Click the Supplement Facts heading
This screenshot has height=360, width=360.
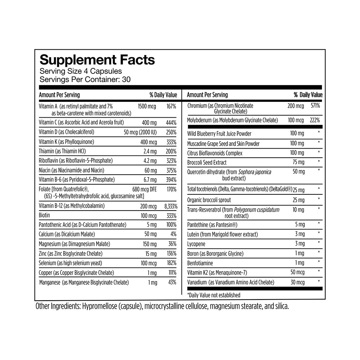(97, 60)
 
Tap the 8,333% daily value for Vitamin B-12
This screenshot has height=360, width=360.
(169, 206)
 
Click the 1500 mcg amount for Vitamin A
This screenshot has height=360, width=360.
(147, 106)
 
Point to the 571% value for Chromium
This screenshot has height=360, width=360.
(315, 106)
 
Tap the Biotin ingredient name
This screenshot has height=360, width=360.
(44, 215)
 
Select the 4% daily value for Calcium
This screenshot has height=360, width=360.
(173, 234)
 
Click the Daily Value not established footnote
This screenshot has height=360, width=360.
(213, 295)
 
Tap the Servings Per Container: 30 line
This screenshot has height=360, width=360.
(85, 79)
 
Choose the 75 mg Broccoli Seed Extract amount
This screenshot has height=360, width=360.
(298, 162)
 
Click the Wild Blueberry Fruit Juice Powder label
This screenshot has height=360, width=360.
(219, 134)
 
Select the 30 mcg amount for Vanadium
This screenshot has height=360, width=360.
(297, 282)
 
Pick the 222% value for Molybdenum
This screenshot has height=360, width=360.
(315, 120)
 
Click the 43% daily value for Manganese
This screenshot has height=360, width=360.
(172, 283)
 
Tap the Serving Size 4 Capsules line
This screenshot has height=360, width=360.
(81, 71)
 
